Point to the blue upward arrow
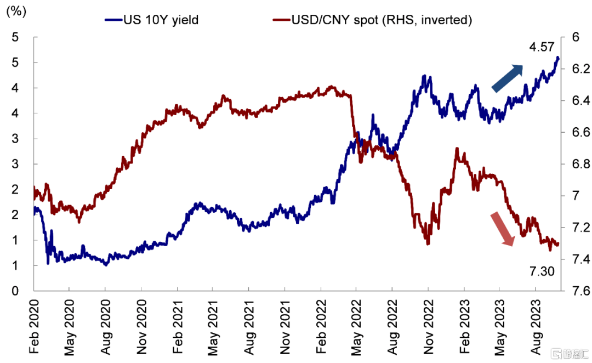(x=507, y=78)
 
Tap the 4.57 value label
(x=542, y=48)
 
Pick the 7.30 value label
(x=542, y=270)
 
